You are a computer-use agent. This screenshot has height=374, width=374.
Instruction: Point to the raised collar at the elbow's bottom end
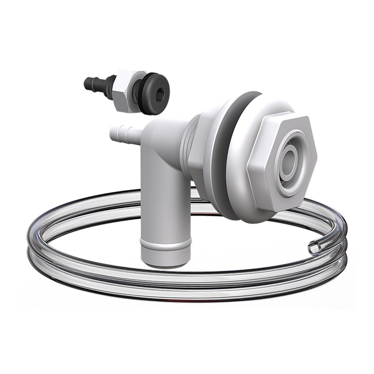click(x=165, y=244)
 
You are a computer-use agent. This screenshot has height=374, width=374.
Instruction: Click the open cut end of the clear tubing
click(x=314, y=248)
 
